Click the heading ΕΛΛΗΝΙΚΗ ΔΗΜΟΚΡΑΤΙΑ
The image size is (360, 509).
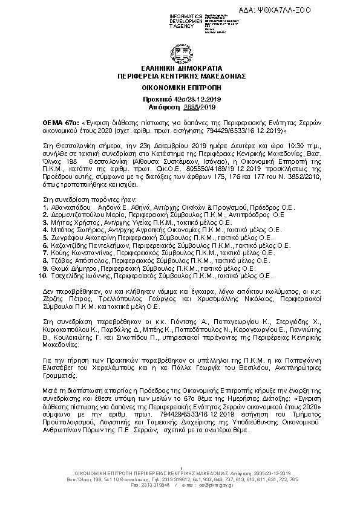point(180,69)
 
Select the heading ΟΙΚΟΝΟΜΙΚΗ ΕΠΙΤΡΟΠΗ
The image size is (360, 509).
point(180,88)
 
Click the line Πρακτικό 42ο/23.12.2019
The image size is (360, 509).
point(180,99)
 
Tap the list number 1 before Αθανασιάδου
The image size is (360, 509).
point(45,207)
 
